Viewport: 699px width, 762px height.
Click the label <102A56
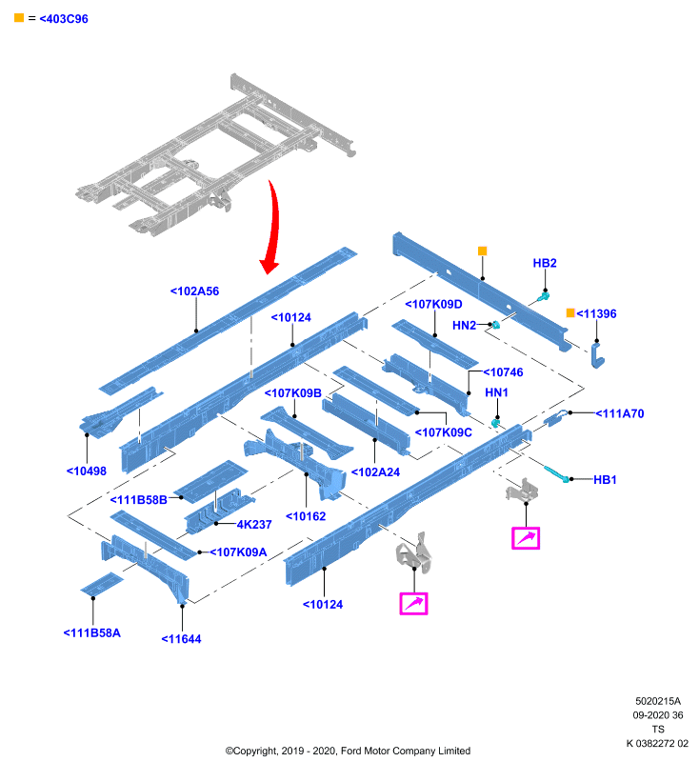194,291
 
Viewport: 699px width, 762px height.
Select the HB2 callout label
545,263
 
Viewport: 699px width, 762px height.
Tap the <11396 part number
596,314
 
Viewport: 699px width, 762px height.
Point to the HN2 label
464,325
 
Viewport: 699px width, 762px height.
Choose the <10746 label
503,372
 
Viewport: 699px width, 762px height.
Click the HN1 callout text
496,392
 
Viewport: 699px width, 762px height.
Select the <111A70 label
620,413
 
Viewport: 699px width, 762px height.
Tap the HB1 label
605,480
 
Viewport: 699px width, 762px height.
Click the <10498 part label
87,471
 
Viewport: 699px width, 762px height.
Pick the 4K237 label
254,525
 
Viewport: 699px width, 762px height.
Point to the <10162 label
306,516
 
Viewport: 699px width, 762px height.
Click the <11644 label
181,639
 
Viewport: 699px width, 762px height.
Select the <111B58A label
91,632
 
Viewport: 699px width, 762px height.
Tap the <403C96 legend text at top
64,19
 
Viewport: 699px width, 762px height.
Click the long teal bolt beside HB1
557,473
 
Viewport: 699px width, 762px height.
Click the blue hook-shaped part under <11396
597,355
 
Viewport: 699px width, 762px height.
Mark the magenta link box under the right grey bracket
526,538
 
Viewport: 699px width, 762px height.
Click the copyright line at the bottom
348,751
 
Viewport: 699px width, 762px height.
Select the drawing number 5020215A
658,701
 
